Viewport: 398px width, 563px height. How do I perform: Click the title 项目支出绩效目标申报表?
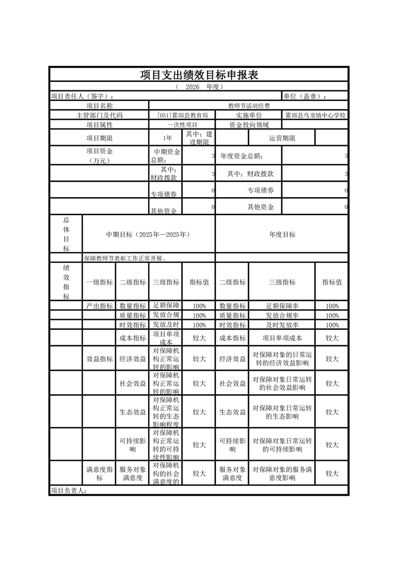point(199,75)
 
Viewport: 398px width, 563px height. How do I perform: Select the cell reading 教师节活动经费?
point(249,105)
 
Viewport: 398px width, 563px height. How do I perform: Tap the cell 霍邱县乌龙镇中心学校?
point(315,115)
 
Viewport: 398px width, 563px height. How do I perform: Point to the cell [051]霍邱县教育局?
point(182,115)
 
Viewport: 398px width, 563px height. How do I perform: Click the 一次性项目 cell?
point(182,124)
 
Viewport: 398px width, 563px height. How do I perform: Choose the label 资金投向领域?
point(249,124)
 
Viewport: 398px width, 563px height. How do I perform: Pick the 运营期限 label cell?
point(282,138)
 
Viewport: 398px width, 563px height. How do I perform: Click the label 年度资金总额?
point(241,156)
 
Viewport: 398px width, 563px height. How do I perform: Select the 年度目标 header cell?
point(282,234)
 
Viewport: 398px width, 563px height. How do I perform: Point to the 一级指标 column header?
point(100,282)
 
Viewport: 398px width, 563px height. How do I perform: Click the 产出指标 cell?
point(100,306)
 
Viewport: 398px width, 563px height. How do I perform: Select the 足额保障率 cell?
point(282,306)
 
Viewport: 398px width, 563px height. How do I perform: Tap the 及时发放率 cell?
point(282,325)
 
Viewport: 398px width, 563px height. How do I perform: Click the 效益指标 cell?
point(100,359)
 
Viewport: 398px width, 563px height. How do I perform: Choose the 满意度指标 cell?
point(100,474)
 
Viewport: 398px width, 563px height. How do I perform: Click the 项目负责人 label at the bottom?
point(69,491)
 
